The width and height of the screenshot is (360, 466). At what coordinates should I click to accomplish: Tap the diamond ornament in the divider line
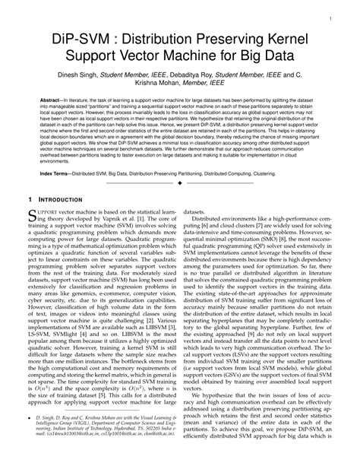coord(180,184)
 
